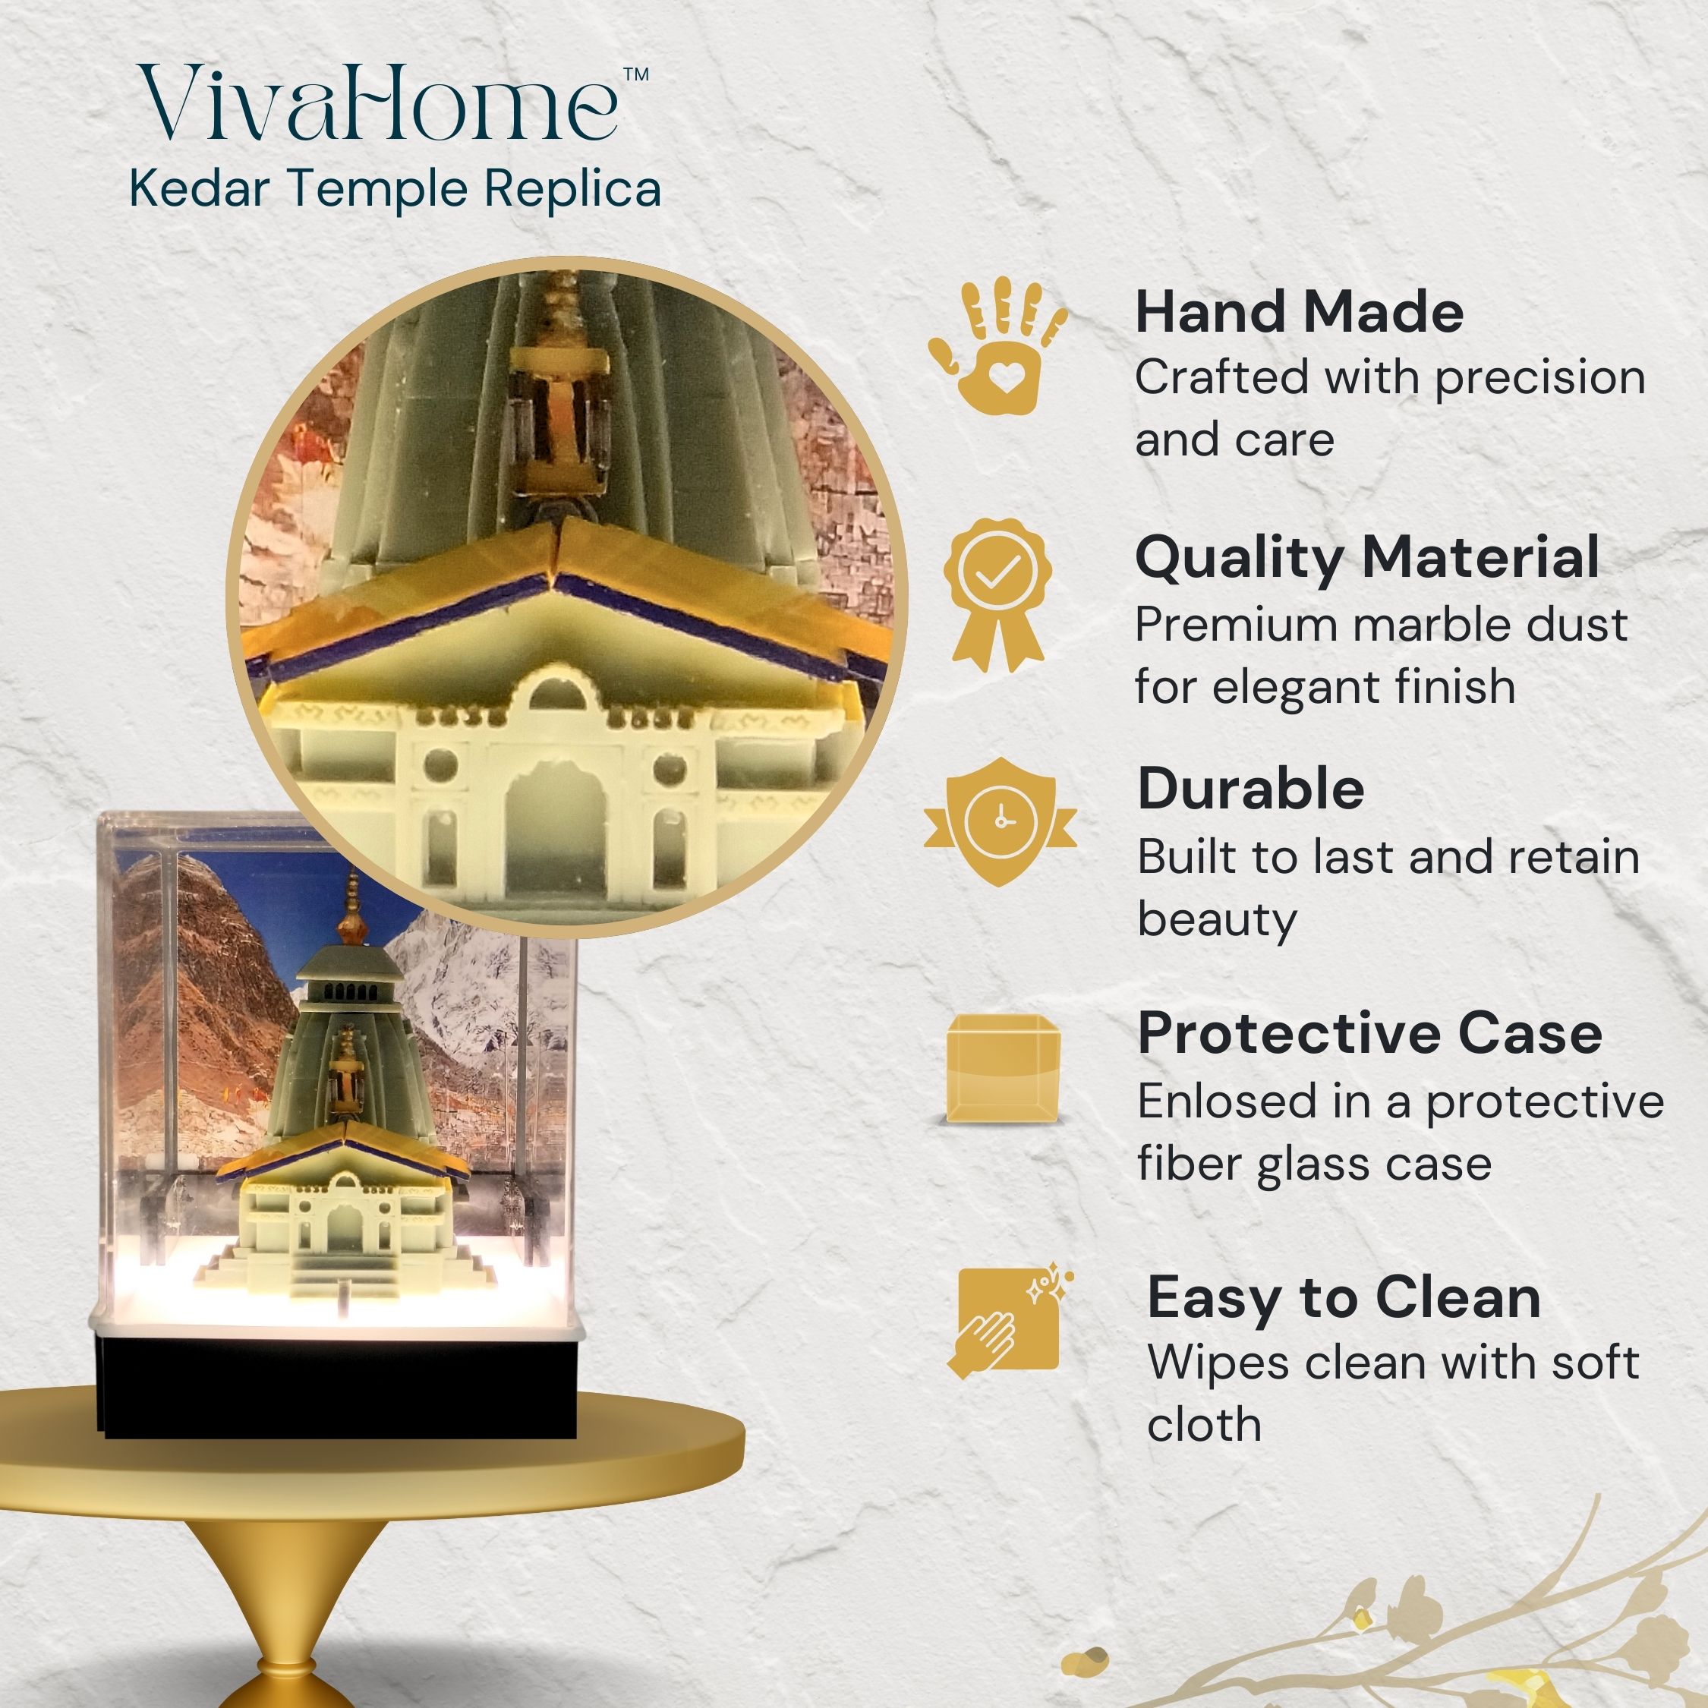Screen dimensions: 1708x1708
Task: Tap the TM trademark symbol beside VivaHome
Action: click(x=637, y=74)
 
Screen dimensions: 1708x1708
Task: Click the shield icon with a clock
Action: click(x=1000, y=821)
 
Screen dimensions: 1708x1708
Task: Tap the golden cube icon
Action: click(x=1004, y=1069)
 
